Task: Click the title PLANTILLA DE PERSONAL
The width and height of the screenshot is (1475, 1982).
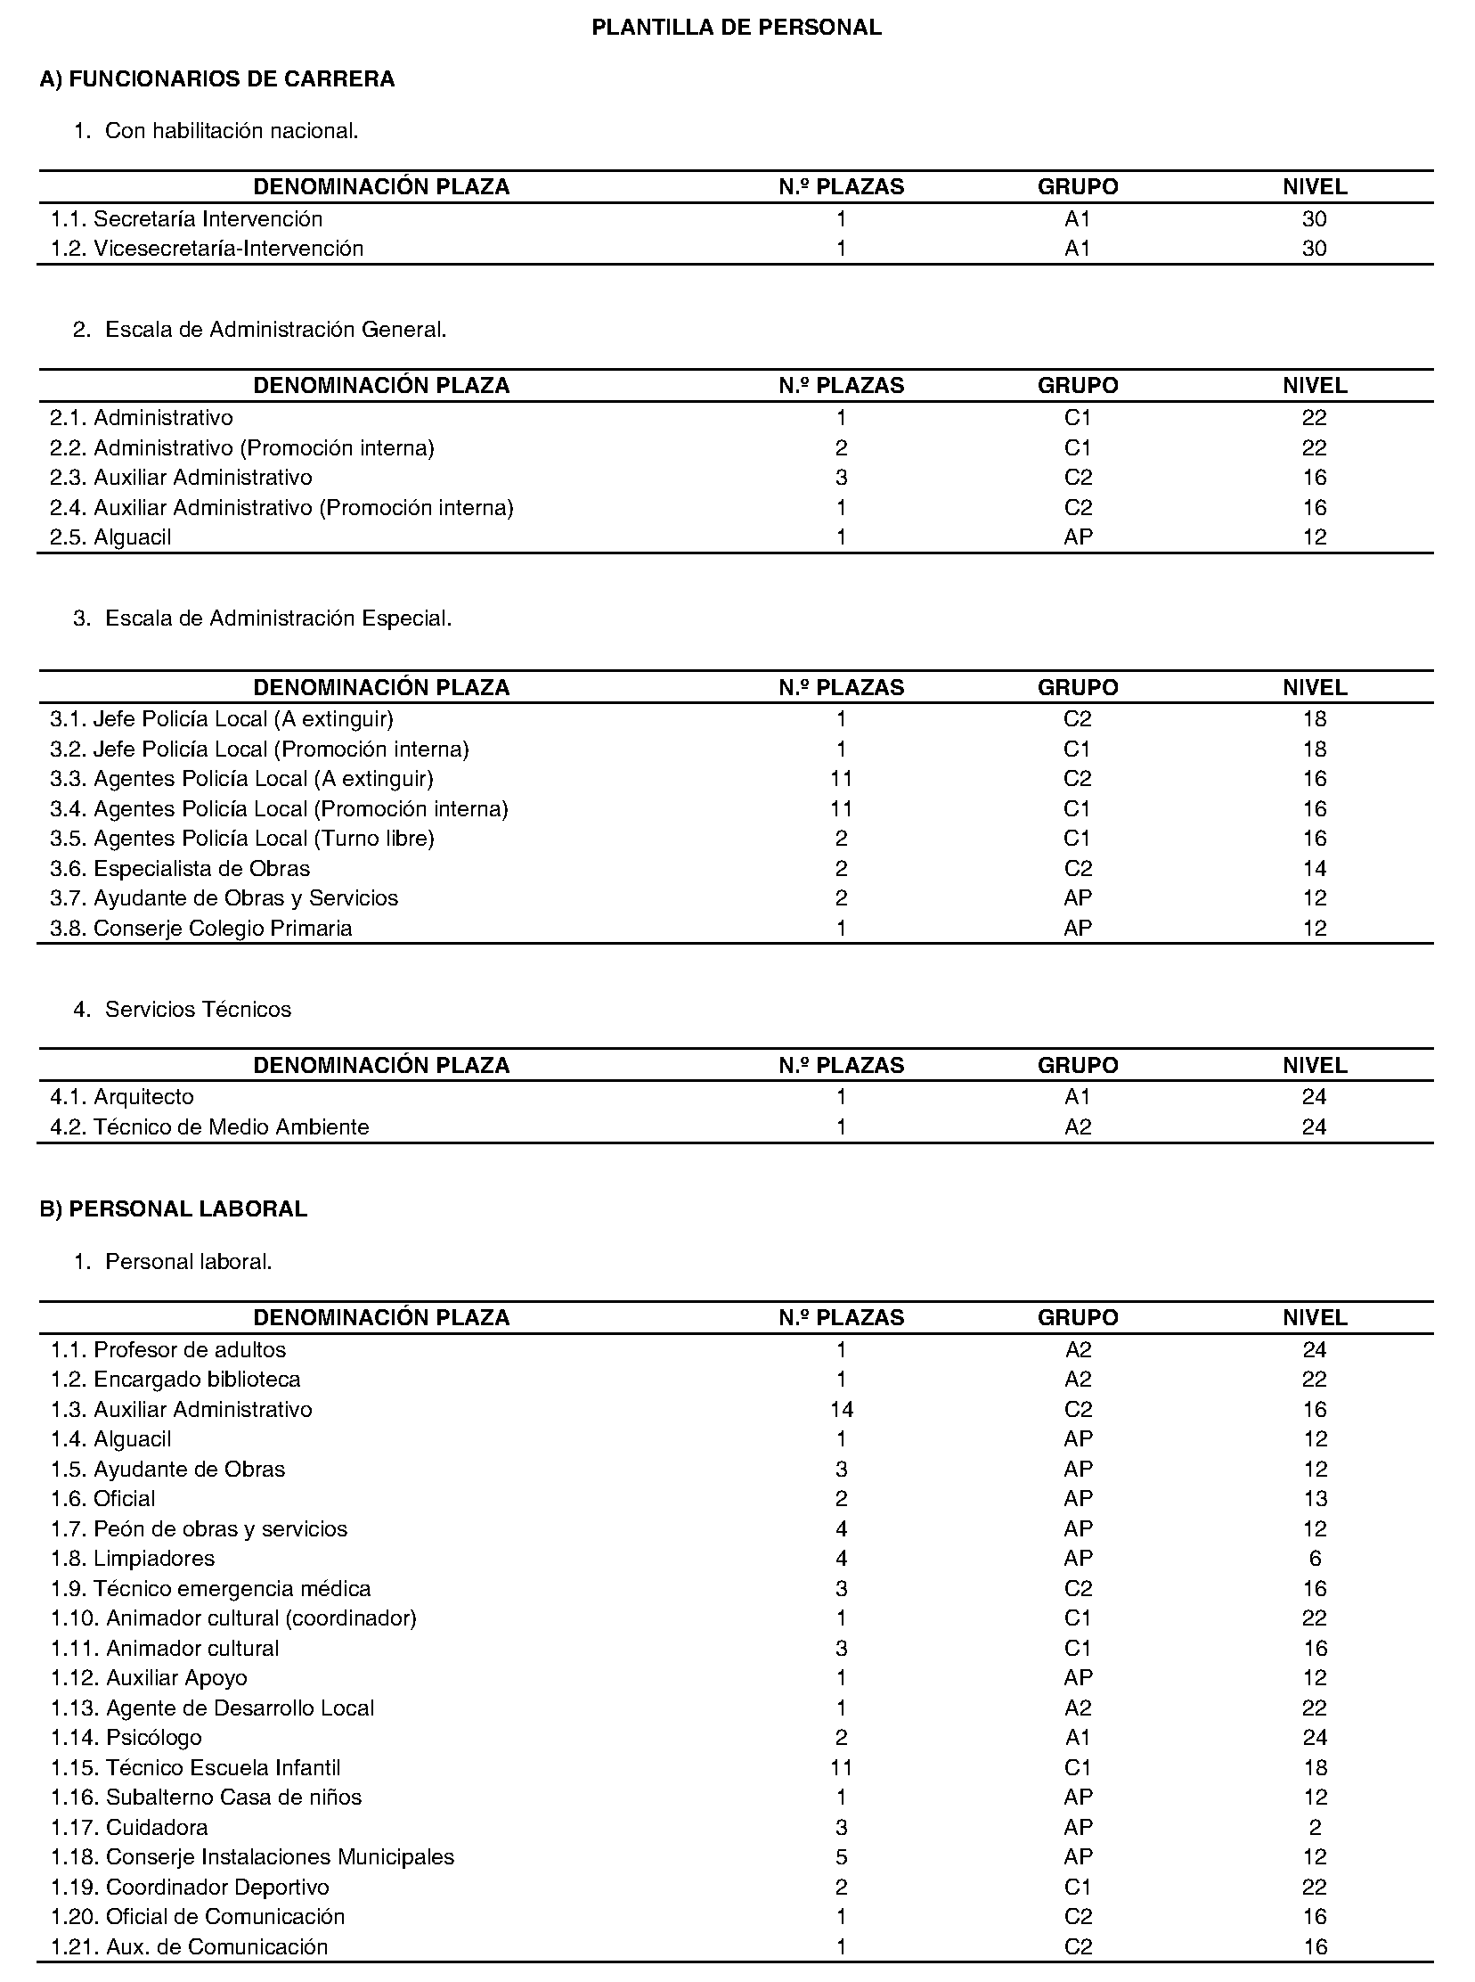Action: (x=737, y=28)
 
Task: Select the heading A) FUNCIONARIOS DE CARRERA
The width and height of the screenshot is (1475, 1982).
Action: (x=217, y=79)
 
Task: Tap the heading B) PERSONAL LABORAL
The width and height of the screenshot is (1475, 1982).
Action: (x=173, y=1208)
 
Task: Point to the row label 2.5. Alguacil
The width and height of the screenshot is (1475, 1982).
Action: (x=110, y=536)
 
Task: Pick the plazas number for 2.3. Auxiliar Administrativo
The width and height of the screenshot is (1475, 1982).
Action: (x=841, y=477)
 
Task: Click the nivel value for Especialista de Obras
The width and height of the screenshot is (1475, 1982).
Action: (x=1315, y=868)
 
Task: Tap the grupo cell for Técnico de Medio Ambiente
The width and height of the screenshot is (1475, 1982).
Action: (x=1078, y=1126)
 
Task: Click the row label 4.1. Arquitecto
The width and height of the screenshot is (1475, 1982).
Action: (x=122, y=1096)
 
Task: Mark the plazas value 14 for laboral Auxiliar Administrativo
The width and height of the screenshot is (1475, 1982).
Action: (x=841, y=1410)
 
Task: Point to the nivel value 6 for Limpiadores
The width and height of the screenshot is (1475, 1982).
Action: (x=1315, y=1559)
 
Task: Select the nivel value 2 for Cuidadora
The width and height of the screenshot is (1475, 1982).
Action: (x=1315, y=1828)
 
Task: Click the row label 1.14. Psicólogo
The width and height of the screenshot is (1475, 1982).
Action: (x=126, y=1737)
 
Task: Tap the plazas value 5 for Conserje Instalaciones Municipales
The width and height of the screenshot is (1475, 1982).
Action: (x=841, y=1857)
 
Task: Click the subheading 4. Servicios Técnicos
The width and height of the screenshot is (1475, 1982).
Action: (x=182, y=1010)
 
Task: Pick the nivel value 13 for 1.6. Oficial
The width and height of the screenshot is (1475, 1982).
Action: (x=1315, y=1499)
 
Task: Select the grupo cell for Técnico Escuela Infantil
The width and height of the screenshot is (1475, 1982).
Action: (x=1078, y=1767)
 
